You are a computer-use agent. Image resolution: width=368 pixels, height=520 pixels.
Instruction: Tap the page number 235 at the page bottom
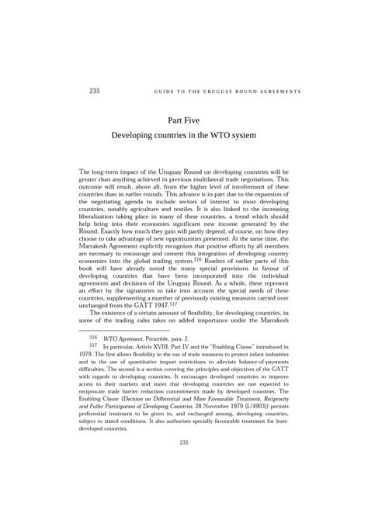(184, 486)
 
